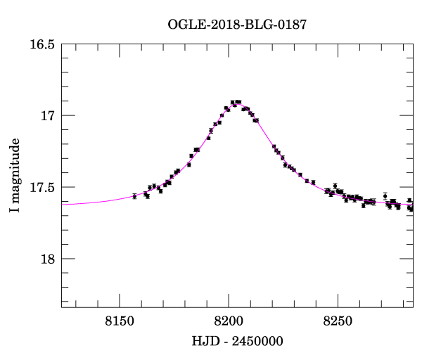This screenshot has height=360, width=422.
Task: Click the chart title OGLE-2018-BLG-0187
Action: click(237, 25)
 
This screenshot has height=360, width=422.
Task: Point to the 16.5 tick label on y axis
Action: click(41, 44)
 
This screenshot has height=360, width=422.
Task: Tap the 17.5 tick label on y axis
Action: click(41, 187)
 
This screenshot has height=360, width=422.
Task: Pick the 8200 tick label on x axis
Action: click(229, 321)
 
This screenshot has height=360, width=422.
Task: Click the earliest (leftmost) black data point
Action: click(134, 196)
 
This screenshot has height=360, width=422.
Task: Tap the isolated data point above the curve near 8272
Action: click(385, 195)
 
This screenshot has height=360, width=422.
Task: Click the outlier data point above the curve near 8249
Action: click(335, 186)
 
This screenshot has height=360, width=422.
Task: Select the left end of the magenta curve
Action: click(62, 204)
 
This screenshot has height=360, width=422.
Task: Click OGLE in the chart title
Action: click(184, 25)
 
